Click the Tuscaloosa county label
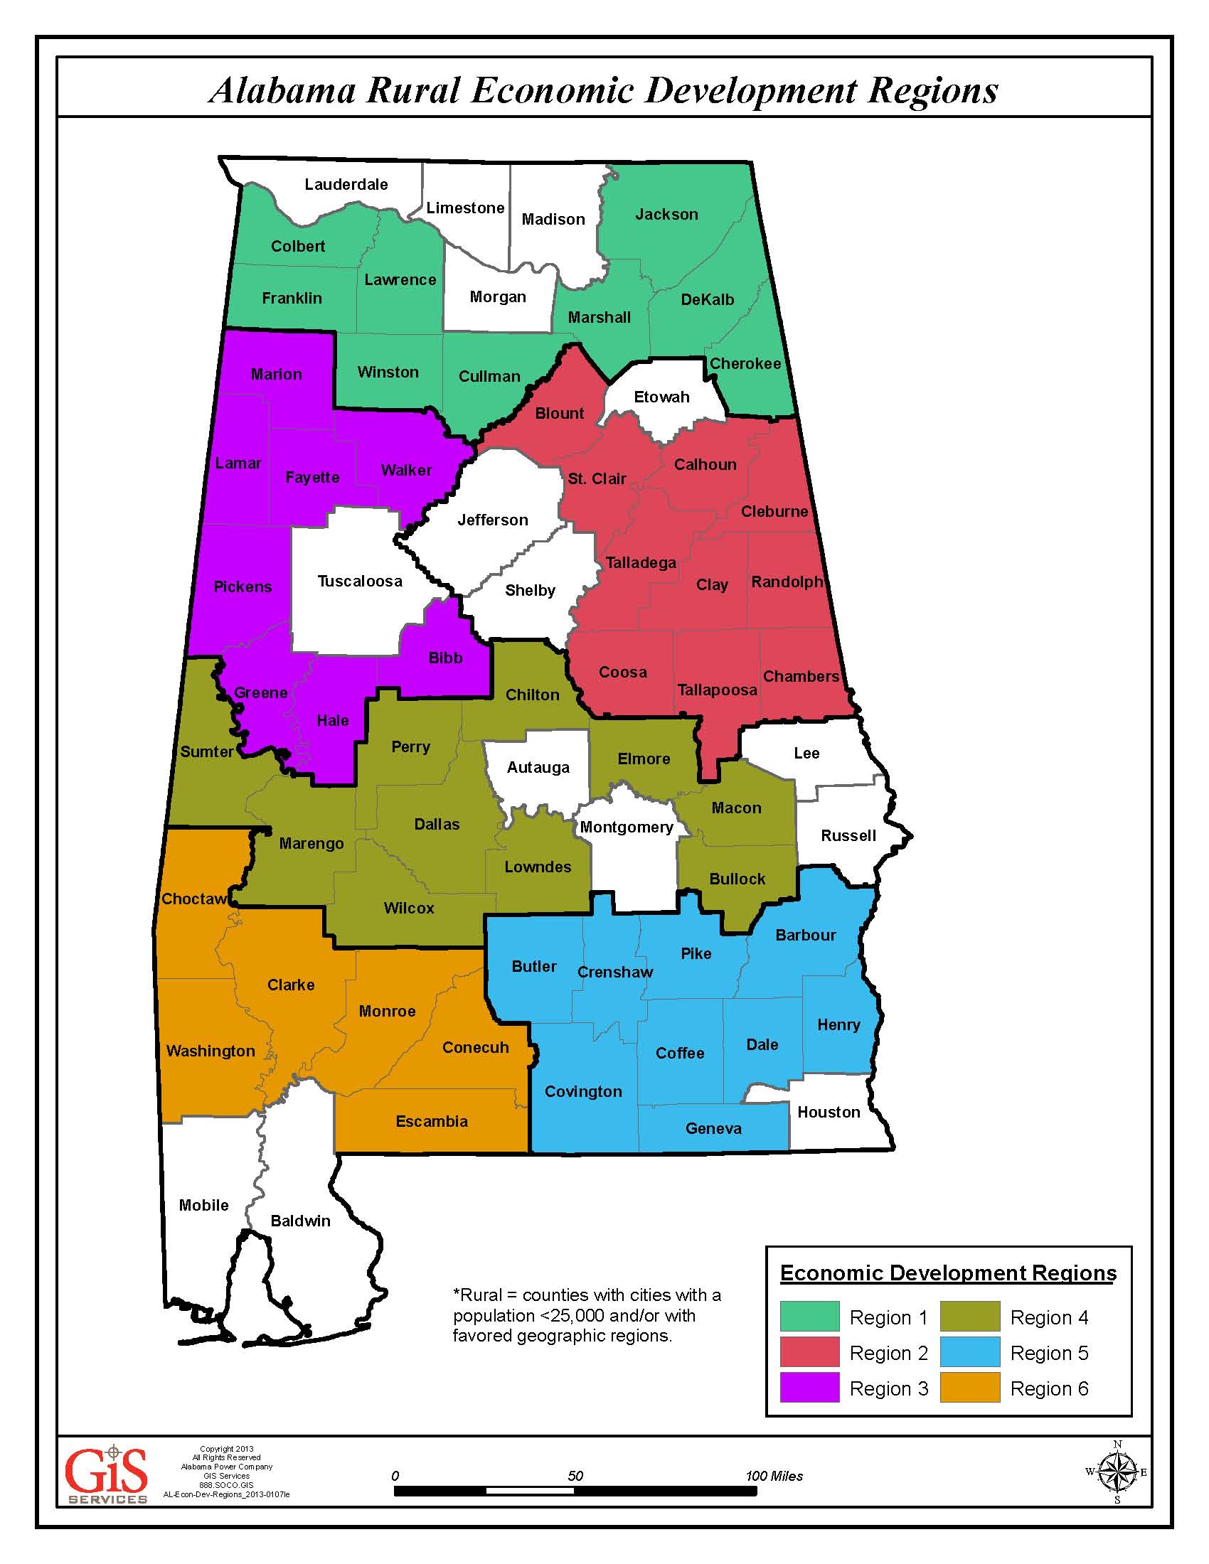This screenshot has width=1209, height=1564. (x=360, y=581)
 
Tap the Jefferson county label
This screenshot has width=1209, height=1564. (x=493, y=520)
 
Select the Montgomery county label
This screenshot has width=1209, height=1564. (x=627, y=827)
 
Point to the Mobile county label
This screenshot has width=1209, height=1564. (x=203, y=1205)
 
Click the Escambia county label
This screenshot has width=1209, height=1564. (x=432, y=1121)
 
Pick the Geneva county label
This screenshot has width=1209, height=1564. (x=713, y=1129)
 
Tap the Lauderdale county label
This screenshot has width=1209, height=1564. (x=346, y=184)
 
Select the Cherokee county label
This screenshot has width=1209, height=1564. (x=745, y=364)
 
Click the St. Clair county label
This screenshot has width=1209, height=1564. (x=597, y=478)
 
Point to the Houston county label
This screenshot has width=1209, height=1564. (x=829, y=1112)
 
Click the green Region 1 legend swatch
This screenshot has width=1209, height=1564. (x=809, y=1317)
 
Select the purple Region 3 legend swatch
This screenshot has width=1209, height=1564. (x=809, y=1388)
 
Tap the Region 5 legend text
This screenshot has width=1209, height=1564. (x=1048, y=1353)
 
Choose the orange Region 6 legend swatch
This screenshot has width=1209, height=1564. (x=970, y=1388)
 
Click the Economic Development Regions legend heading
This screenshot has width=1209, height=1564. (x=948, y=1273)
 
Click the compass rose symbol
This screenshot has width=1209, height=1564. (x=1117, y=1472)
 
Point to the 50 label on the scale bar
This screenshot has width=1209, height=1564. (x=575, y=1476)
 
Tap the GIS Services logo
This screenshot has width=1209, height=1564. (x=107, y=1476)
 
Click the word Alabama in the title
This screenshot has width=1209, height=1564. (x=282, y=91)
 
